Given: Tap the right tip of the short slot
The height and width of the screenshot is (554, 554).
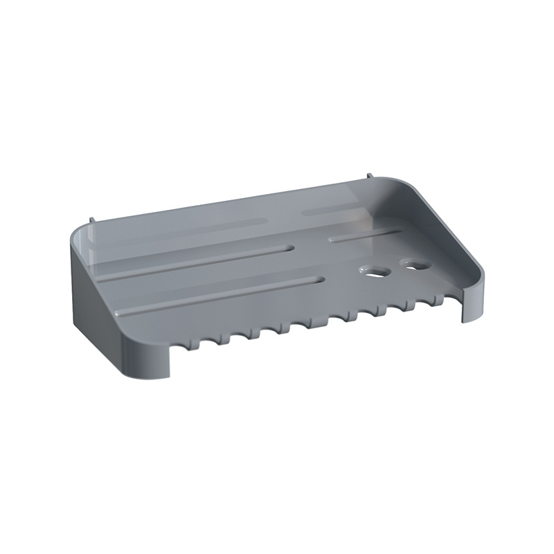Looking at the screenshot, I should [400, 229].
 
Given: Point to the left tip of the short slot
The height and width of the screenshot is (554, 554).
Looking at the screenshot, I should [331, 240].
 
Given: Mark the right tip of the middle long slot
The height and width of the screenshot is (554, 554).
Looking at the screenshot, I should [293, 247].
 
